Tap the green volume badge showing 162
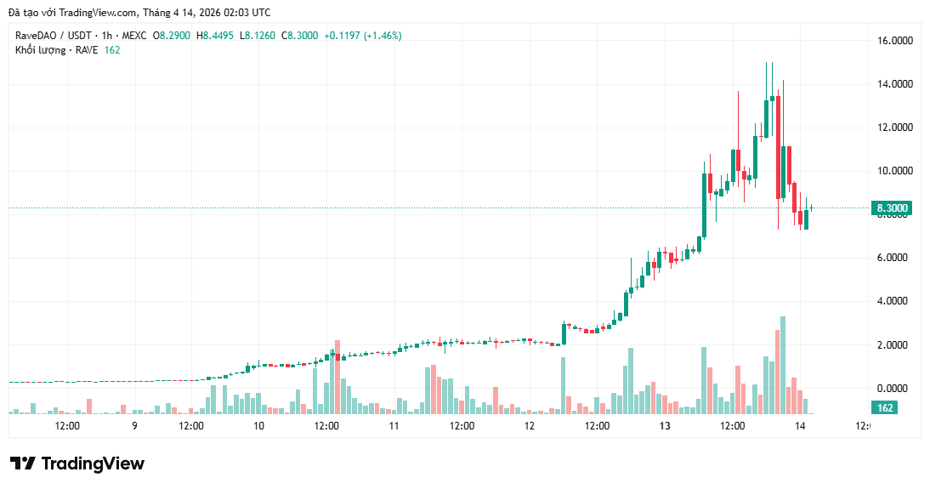pyautogui.click(x=885, y=408)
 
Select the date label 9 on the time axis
pyautogui.click(x=134, y=426)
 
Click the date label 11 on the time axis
pyautogui.click(x=394, y=426)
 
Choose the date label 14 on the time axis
pyautogui.click(x=800, y=426)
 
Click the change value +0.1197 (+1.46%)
pyautogui.click(x=363, y=36)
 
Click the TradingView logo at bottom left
pyautogui.click(x=77, y=463)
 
